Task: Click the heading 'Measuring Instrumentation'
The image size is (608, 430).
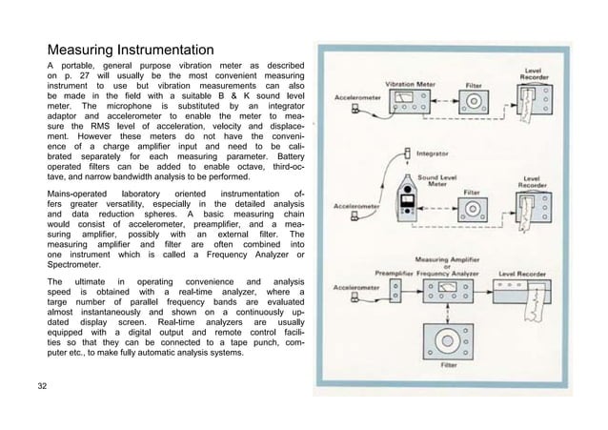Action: point(132,49)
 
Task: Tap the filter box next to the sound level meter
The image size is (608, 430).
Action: point(471,211)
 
